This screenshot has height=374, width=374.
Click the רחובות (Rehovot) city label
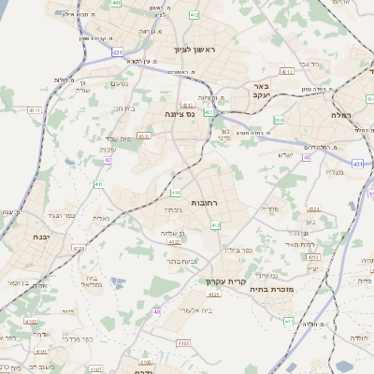(x=204, y=203)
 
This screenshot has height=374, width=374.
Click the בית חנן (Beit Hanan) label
(x=125, y=108)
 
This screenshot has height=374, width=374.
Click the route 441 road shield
(x=116, y=4)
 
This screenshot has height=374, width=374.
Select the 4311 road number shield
(x=36, y=109)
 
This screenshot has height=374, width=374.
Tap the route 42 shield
(x=108, y=160)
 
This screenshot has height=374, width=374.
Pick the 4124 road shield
(x=79, y=250)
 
